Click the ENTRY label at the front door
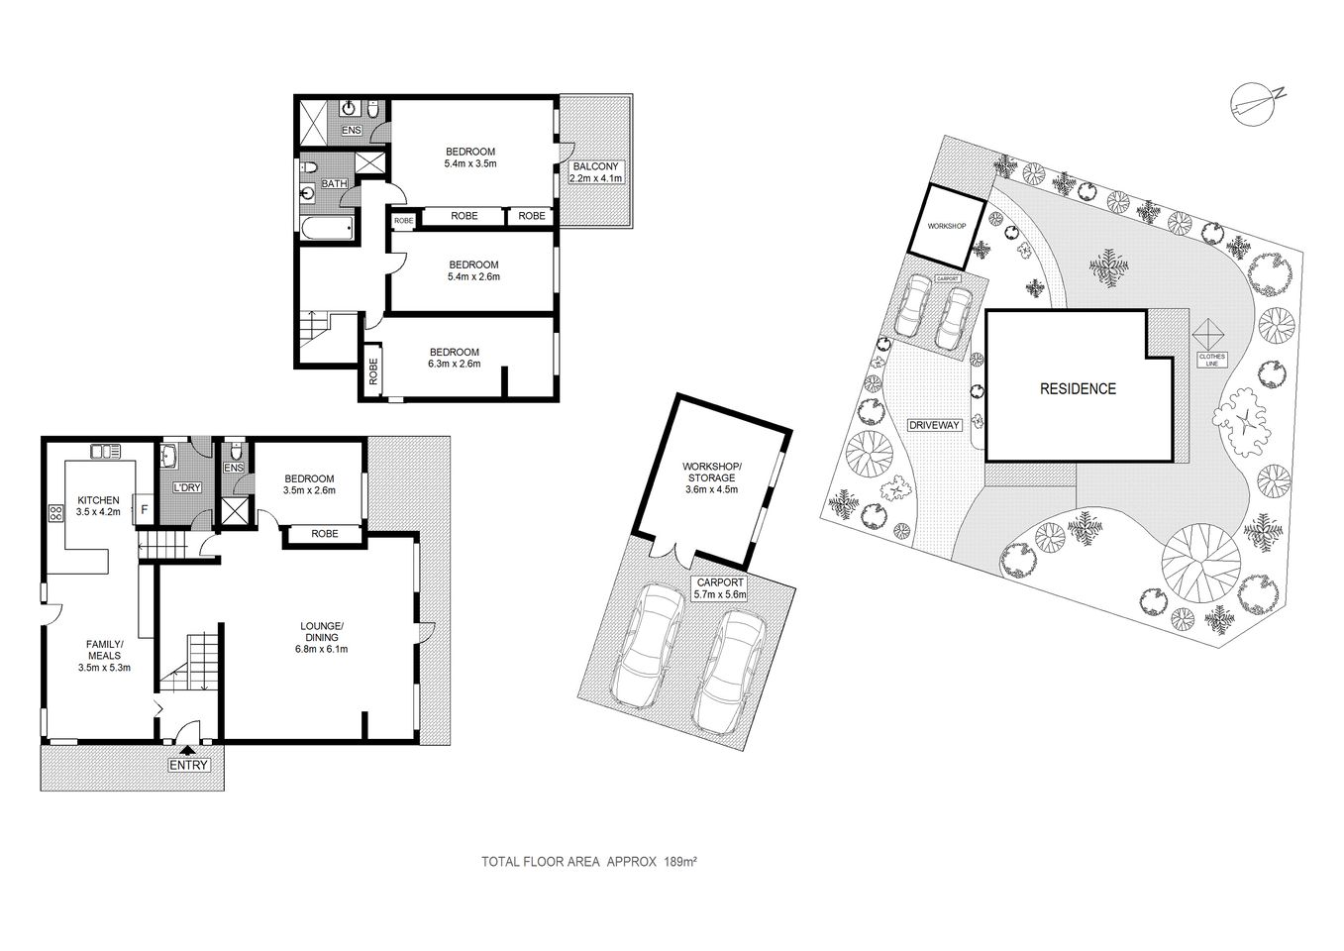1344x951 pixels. (188, 764)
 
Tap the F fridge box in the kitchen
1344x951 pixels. (144, 509)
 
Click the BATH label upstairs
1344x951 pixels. (334, 183)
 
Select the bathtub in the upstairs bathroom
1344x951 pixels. (326, 230)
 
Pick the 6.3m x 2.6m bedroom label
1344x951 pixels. (454, 358)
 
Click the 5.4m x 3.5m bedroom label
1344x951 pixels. (470, 158)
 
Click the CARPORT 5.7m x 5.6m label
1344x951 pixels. (718, 589)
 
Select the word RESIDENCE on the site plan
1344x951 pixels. (1077, 389)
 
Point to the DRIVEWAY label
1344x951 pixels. (934, 425)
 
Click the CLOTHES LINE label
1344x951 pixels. (1211, 360)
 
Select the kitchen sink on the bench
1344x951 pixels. (104, 452)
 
